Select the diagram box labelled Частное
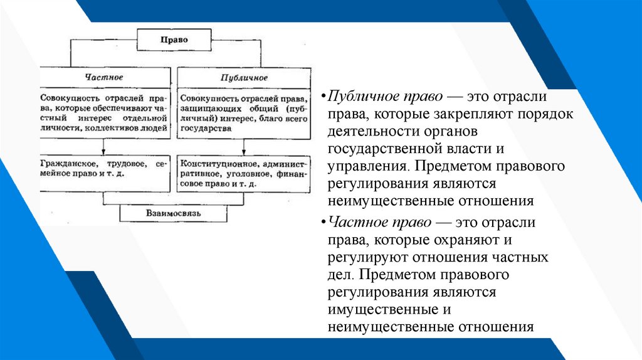104,77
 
